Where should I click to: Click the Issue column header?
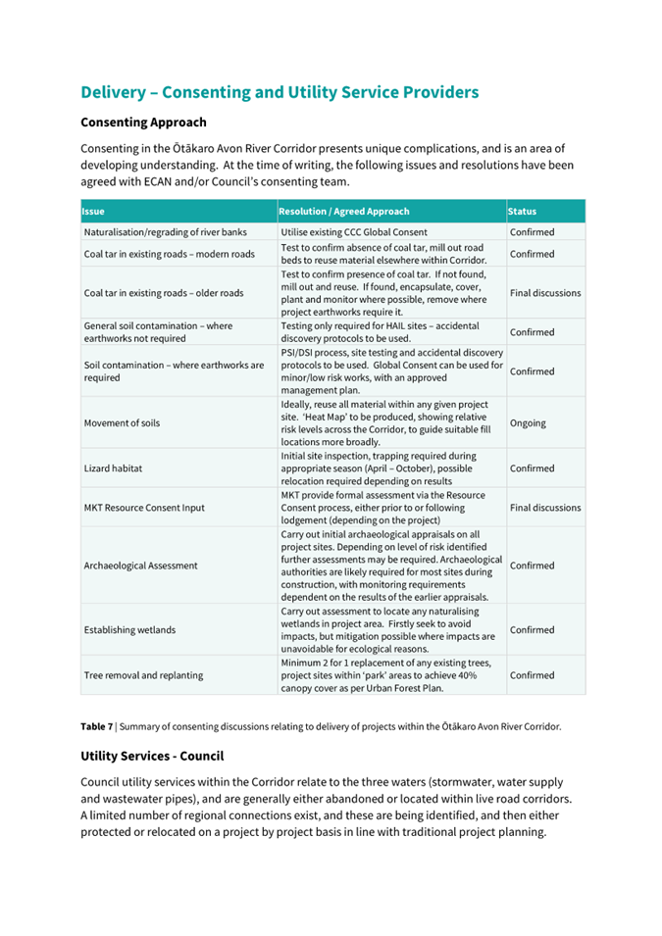coord(94,211)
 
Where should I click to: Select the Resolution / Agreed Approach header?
coord(344,211)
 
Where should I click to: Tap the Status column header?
coord(522,211)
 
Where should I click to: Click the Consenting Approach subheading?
coord(143,123)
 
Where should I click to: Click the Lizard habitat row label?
coord(114,468)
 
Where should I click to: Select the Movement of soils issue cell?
coord(122,423)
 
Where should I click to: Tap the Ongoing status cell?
coord(528,423)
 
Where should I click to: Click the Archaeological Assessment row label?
coord(141,566)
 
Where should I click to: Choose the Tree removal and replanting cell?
coord(144,675)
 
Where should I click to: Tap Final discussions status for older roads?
coord(545,292)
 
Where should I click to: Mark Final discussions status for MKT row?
coord(545,508)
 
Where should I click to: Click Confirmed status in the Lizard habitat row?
coord(532,468)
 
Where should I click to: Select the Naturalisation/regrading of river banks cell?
coord(165,232)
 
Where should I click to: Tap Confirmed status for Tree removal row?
coord(532,675)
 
